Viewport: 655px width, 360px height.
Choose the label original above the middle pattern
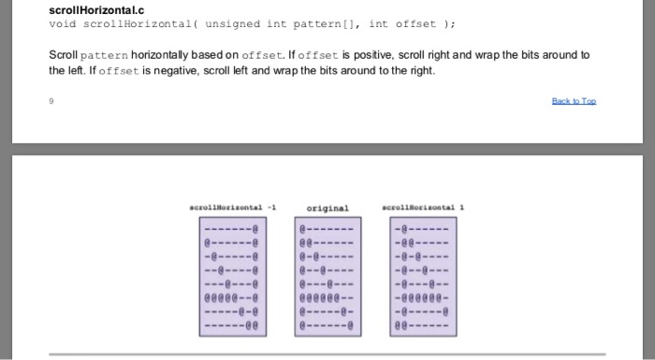327,208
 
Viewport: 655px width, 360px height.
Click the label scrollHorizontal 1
423,208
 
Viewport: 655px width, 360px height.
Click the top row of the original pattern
327,226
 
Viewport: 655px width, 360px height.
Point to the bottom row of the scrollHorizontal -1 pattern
231,326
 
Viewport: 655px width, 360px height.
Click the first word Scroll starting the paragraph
62,56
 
